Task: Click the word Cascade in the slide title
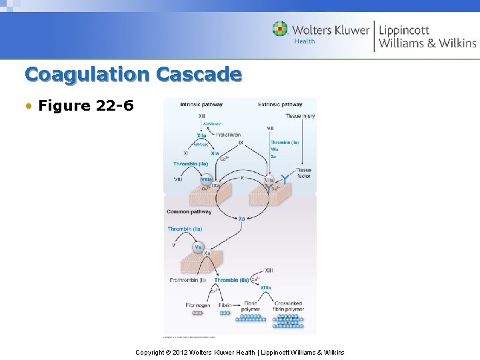pyautogui.click(x=199, y=74)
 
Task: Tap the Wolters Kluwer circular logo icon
pyautogui.click(x=281, y=29)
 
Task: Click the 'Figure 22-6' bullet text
pyautogui.click(x=86, y=105)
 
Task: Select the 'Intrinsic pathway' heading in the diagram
pyautogui.click(x=201, y=105)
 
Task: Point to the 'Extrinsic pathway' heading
pyautogui.click(x=280, y=105)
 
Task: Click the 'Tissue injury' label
pyautogui.click(x=300, y=116)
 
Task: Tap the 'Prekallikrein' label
pyautogui.click(x=229, y=135)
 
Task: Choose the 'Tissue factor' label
pyautogui.click(x=304, y=173)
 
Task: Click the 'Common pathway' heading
pyautogui.click(x=189, y=212)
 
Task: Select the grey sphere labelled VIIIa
pyautogui.click(x=207, y=179)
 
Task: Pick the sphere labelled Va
pyautogui.click(x=198, y=247)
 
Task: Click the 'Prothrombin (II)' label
pyautogui.click(x=188, y=280)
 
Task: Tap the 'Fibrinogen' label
pyautogui.click(x=198, y=305)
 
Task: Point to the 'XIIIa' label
pyautogui.click(x=266, y=287)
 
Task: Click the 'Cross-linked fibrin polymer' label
pyautogui.click(x=289, y=306)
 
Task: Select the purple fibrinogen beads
pyautogui.click(x=197, y=313)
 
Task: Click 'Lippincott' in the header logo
pyautogui.click(x=404, y=30)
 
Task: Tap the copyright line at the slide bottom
pyautogui.click(x=239, y=352)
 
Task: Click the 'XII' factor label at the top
pyautogui.click(x=201, y=117)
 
